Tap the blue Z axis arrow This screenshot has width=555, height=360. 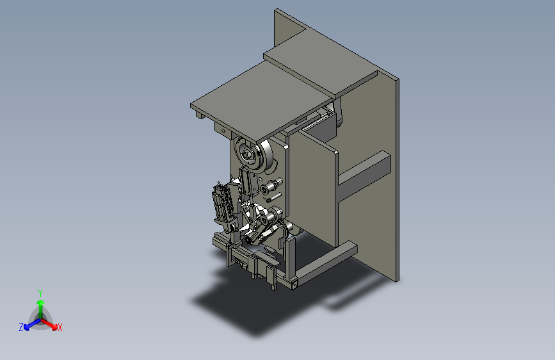click(32, 324)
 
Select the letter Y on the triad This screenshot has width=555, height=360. click(40, 293)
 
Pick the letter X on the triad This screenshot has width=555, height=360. click(60, 327)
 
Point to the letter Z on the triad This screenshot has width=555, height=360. click(21, 327)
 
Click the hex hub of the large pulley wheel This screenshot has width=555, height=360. click(246, 154)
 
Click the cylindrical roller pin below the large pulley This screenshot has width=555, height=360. click(272, 185)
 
